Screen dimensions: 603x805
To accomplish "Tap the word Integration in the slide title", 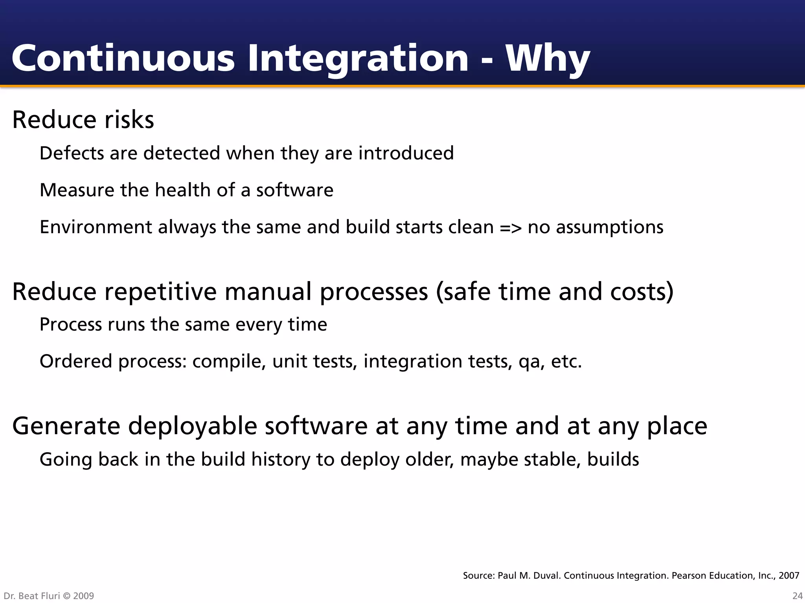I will tap(358, 59).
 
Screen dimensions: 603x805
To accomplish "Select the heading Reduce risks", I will tap(83, 120).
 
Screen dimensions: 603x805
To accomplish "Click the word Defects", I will tap(72, 153).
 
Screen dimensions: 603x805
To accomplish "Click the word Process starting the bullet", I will tap(71, 325).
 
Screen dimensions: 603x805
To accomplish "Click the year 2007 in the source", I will tap(788, 576).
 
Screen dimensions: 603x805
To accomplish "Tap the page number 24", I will tap(797, 596).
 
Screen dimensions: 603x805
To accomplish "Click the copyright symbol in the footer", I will tap(66, 596).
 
